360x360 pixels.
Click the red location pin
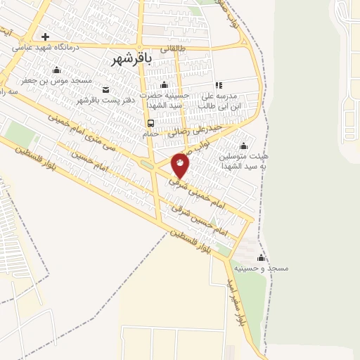[x=180, y=165]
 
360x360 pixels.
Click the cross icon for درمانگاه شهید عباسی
[x=46, y=37]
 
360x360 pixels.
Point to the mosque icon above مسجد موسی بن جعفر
[x=57, y=70]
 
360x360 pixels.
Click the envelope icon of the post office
[x=105, y=89]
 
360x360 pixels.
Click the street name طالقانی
[x=173, y=49]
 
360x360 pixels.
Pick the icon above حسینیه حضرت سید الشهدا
[x=164, y=85]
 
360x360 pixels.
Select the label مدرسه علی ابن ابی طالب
[x=221, y=100]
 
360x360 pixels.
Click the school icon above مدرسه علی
[x=218, y=85]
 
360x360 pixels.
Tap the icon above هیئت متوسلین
[x=243, y=145]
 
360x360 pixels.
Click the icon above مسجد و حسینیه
[x=262, y=257]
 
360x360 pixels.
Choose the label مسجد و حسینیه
[x=265, y=268]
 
